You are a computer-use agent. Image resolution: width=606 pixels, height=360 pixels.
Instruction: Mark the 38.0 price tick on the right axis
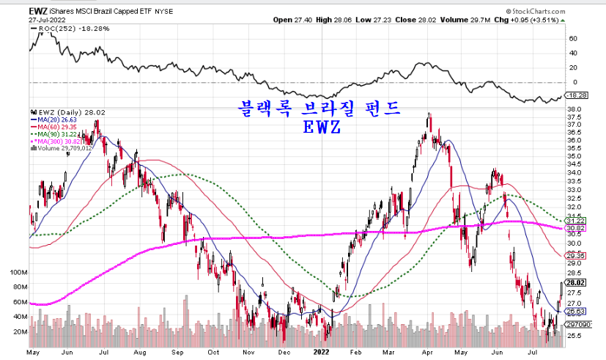tap(576, 110)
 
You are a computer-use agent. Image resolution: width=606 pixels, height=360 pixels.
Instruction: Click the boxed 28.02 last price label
tap(576, 283)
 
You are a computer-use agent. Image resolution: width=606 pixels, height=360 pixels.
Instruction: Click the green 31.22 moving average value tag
tap(576, 221)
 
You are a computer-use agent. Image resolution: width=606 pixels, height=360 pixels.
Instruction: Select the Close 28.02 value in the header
tap(409, 21)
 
